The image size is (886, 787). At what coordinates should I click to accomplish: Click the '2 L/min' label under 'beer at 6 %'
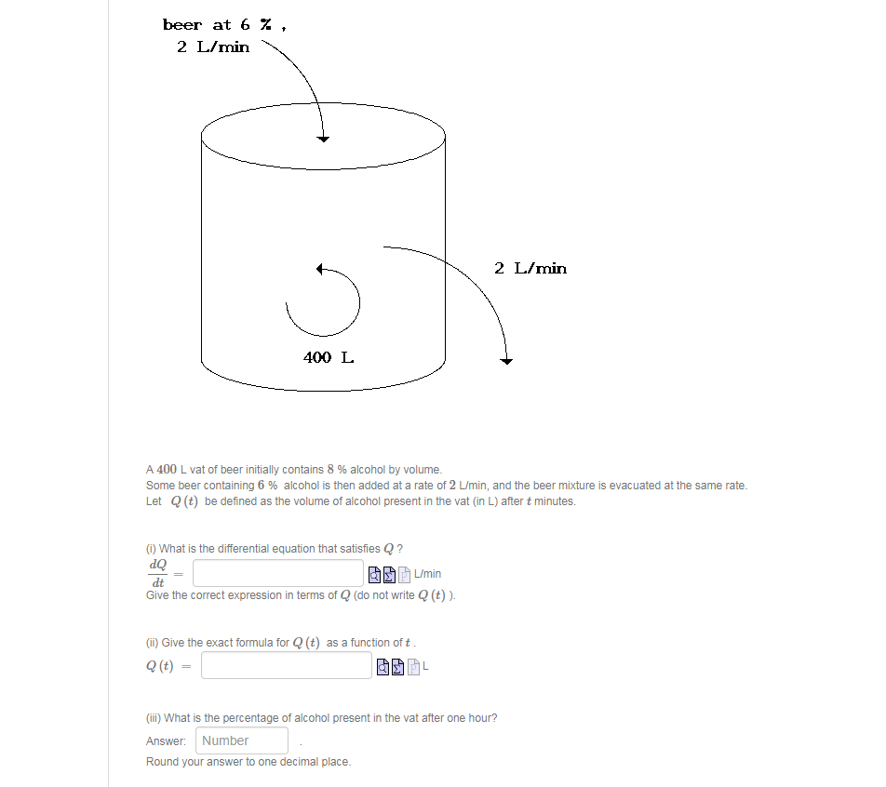pyautogui.click(x=213, y=47)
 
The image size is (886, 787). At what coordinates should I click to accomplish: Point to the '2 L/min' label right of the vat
pyautogui.click(x=530, y=268)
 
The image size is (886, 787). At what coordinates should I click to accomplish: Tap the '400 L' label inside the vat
pyautogui.click(x=328, y=356)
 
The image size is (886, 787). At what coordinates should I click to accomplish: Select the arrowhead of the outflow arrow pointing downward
pyautogui.click(x=506, y=360)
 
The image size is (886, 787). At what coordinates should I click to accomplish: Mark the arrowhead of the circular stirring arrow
pyautogui.click(x=320, y=270)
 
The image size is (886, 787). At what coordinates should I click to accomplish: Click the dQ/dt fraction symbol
pyautogui.click(x=157, y=573)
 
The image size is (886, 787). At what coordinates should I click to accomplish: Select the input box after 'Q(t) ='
pyautogui.click(x=286, y=665)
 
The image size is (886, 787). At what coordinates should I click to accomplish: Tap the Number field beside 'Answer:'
pyautogui.click(x=242, y=740)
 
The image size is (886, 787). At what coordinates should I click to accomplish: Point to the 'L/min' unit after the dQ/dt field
pyautogui.click(x=428, y=574)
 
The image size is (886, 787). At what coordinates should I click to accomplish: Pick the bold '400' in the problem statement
pyautogui.click(x=167, y=470)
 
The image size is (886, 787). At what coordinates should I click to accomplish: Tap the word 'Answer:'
pyautogui.click(x=166, y=740)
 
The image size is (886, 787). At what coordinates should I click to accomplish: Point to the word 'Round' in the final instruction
pyautogui.click(x=162, y=762)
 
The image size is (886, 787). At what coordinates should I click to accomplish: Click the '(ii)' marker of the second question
pyautogui.click(x=153, y=643)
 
